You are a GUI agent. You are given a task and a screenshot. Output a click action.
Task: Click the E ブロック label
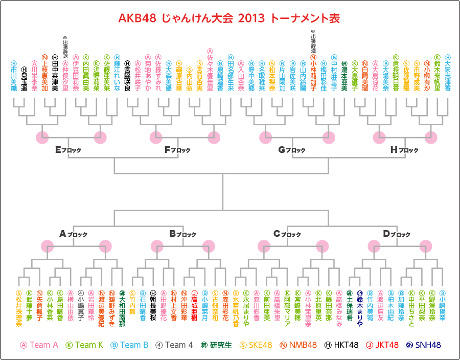click(68, 150)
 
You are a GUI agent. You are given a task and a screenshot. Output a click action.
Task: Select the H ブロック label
click(404, 150)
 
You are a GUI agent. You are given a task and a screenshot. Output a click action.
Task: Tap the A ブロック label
click(73, 234)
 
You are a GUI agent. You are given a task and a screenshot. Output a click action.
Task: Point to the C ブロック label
click(287, 234)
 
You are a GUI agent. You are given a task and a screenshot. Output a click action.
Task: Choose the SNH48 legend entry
click(424, 345)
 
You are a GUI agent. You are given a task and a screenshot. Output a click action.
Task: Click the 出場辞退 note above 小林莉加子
click(313, 40)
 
